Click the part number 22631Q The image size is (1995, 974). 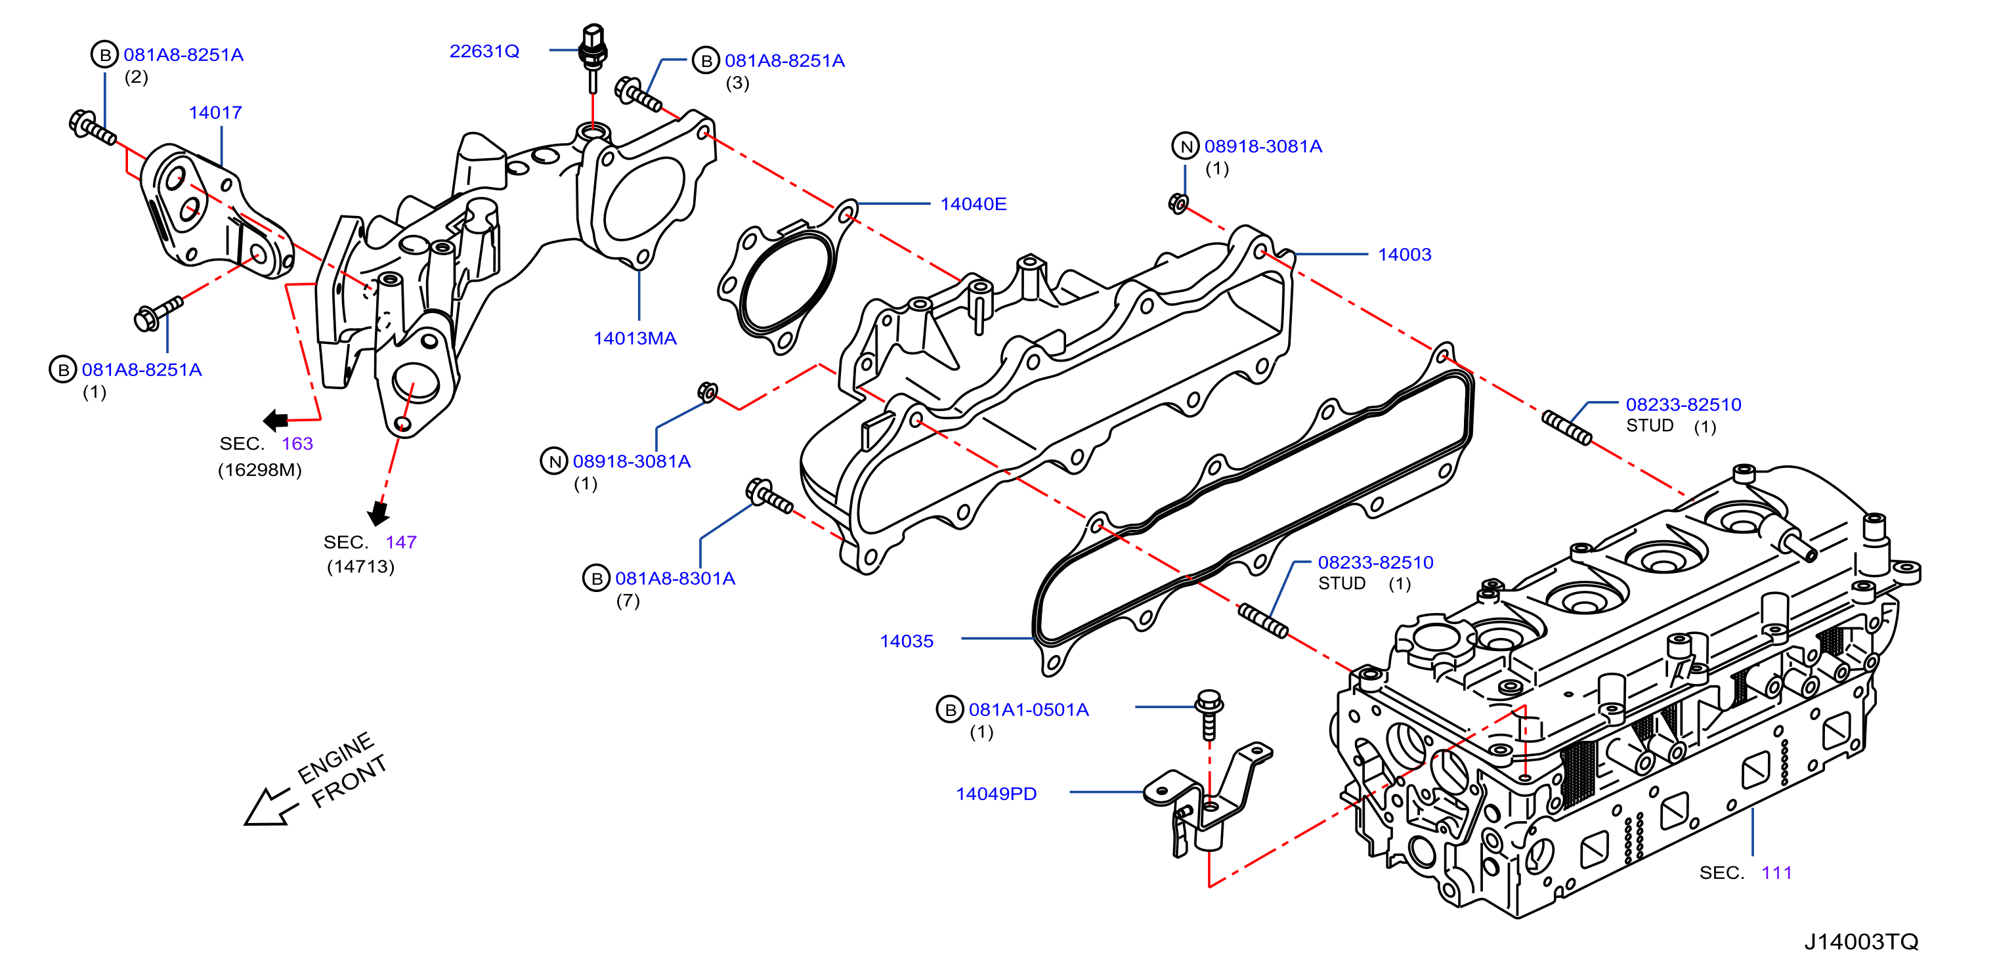point(484,51)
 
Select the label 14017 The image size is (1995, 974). point(215,112)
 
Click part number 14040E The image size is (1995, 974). point(973,203)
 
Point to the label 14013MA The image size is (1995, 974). point(635,339)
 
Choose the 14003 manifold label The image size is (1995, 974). point(1404,255)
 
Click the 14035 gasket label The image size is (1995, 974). point(906,641)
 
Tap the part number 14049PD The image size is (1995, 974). point(996,794)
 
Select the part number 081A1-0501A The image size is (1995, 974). point(1029,709)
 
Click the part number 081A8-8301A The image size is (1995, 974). point(675,578)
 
